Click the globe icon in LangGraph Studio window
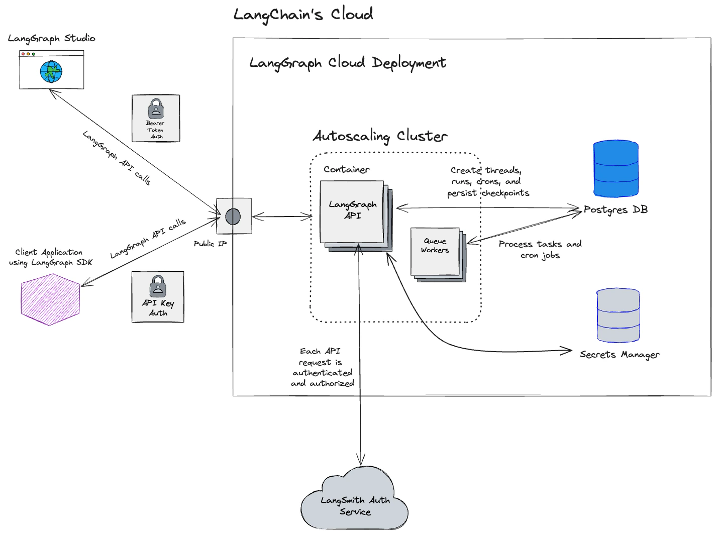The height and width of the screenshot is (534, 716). pyautogui.click(x=51, y=72)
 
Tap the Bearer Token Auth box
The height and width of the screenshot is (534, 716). pyautogui.click(x=156, y=119)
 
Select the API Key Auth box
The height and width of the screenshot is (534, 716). pyautogui.click(x=158, y=297)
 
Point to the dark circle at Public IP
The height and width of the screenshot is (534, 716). pyautogui.click(x=233, y=217)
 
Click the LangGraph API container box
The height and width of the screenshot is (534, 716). pyautogui.click(x=352, y=211)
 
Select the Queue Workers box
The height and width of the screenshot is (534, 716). pyautogui.click(x=435, y=251)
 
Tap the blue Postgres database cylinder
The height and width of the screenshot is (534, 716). pyautogui.click(x=616, y=169)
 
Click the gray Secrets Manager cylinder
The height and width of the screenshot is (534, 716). pyautogui.click(x=618, y=315)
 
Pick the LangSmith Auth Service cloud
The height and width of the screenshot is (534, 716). pyautogui.click(x=355, y=502)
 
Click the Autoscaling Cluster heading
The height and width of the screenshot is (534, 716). pyautogui.click(x=380, y=136)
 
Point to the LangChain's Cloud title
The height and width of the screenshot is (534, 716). pyautogui.click(x=303, y=15)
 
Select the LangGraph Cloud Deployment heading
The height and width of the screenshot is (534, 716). pyautogui.click(x=347, y=63)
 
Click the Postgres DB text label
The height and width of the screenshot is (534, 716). pyautogui.click(x=616, y=210)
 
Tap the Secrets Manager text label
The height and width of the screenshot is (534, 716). pyautogui.click(x=620, y=355)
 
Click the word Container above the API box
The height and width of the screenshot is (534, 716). pyautogui.click(x=347, y=169)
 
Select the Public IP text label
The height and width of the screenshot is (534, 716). pyautogui.click(x=210, y=244)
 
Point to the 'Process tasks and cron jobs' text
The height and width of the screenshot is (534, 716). pyautogui.click(x=540, y=250)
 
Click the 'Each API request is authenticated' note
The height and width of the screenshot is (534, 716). pyautogui.click(x=322, y=367)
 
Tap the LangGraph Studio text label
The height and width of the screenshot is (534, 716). pyautogui.click(x=51, y=39)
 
